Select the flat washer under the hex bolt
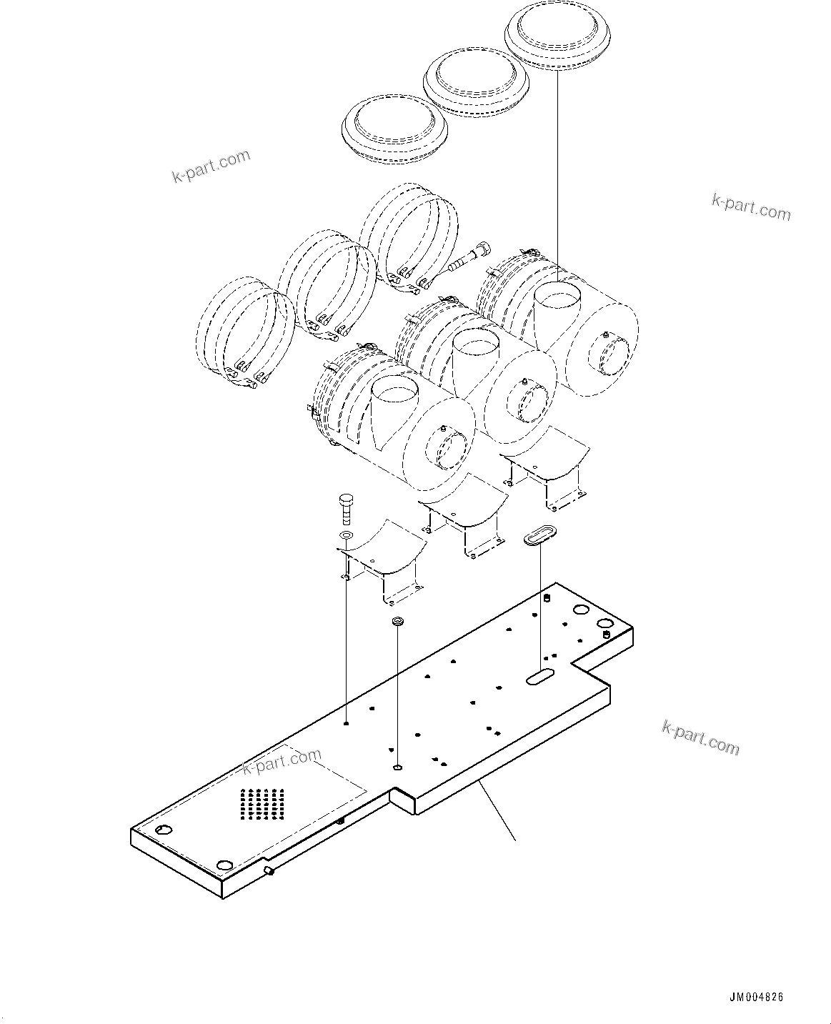pos(346,536)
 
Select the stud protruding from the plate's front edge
pos(270,871)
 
